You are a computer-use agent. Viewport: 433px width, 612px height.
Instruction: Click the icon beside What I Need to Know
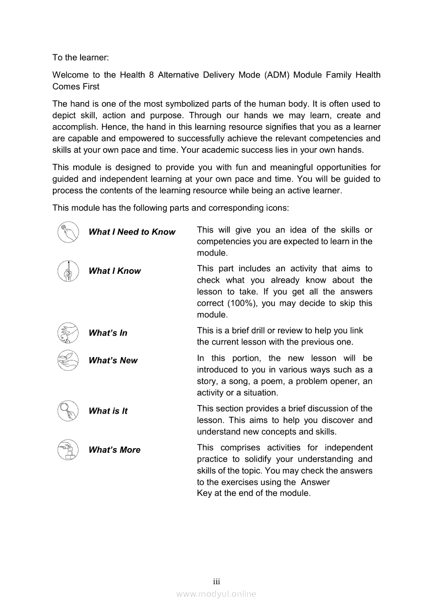[68, 232]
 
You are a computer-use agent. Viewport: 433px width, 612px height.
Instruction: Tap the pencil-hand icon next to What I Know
[68, 271]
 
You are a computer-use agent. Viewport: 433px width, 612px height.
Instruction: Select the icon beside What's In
[68, 333]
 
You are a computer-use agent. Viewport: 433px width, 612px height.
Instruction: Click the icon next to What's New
[68, 360]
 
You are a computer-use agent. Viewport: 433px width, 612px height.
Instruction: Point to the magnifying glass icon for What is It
[68, 411]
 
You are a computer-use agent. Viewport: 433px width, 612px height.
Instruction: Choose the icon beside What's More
[68, 450]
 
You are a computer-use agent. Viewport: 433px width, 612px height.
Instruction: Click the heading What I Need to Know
[132, 232]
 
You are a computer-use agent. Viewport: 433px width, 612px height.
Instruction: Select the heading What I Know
[115, 271]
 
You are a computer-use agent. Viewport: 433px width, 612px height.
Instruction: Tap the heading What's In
[108, 333]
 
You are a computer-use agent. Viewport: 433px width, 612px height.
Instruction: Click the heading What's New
[113, 360]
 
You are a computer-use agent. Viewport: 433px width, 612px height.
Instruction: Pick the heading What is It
[108, 411]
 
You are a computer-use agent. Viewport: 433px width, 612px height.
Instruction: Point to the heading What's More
[115, 450]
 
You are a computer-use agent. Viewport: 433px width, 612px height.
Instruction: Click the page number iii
[216, 582]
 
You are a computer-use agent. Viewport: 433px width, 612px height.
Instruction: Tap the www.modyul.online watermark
[216, 594]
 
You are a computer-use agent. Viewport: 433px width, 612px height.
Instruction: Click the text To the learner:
[81, 57]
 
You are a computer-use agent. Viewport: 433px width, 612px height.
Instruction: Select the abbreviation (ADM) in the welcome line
[277, 75]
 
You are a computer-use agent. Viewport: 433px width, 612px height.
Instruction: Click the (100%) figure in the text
[242, 303]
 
